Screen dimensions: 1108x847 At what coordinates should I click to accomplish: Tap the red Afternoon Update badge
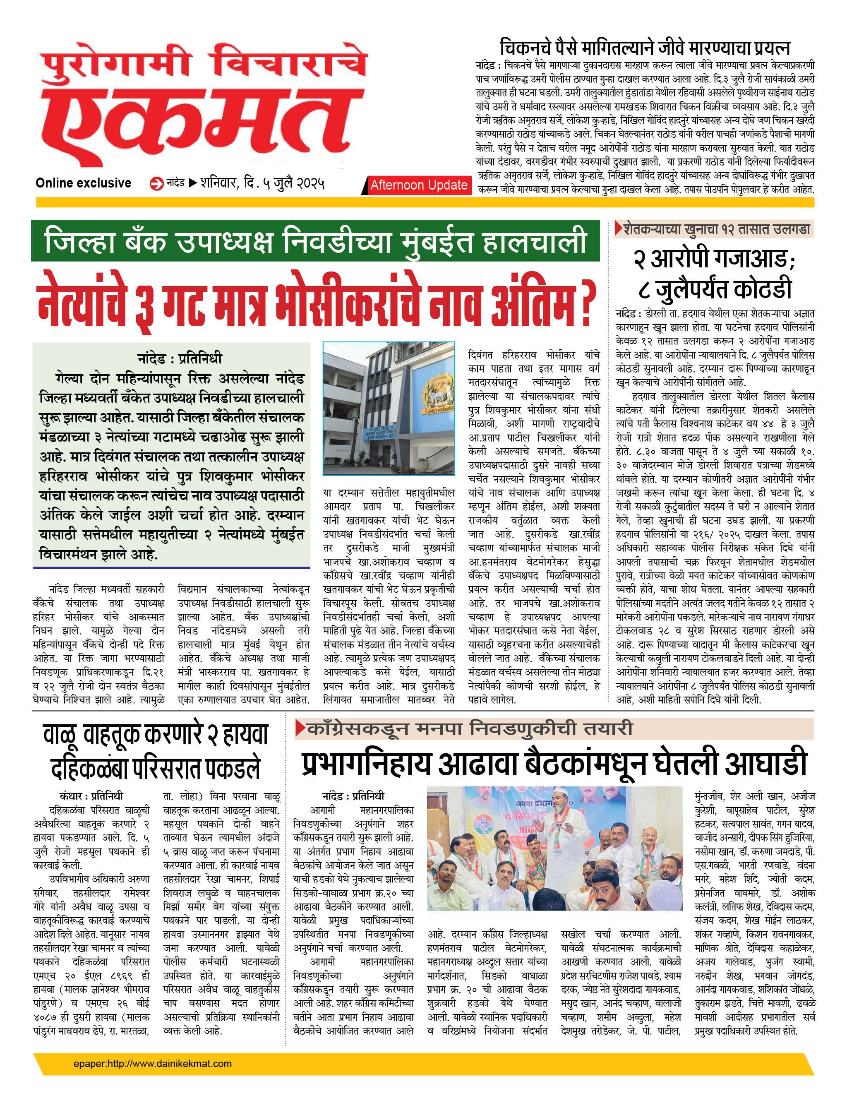pyautogui.click(x=418, y=185)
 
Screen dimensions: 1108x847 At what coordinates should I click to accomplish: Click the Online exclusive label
pyautogui.click(x=83, y=183)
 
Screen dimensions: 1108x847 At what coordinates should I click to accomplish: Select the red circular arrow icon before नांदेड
pyautogui.click(x=157, y=184)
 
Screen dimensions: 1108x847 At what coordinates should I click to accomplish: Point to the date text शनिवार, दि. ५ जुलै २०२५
pyautogui.click(x=262, y=183)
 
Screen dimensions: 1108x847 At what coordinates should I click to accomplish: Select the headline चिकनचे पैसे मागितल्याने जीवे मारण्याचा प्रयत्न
pyautogui.click(x=644, y=48)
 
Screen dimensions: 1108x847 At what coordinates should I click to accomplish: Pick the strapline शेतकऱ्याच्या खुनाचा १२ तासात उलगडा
pyautogui.click(x=716, y=229)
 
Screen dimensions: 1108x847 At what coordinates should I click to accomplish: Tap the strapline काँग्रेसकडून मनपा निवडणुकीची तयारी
pyautogui.click(x=469, y=728)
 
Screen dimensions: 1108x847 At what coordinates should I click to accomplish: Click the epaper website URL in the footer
pyautogui.click(x=152, y=1064)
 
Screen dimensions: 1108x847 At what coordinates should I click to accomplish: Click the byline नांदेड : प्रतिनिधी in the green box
pyautogui.click(x=180, y=358)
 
